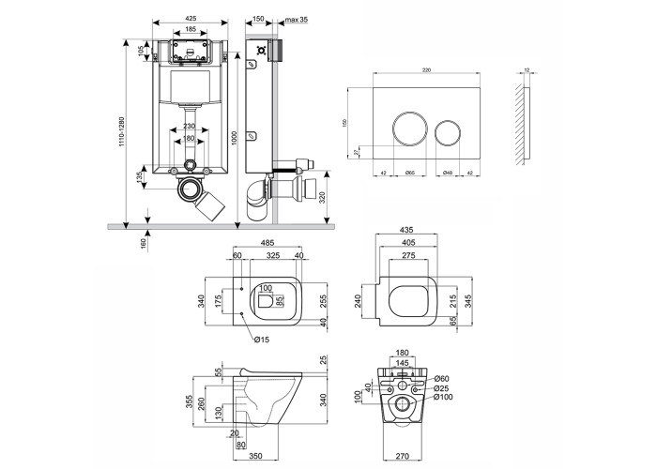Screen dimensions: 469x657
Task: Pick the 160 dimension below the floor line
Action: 142,242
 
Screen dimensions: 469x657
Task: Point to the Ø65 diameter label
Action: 410,172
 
